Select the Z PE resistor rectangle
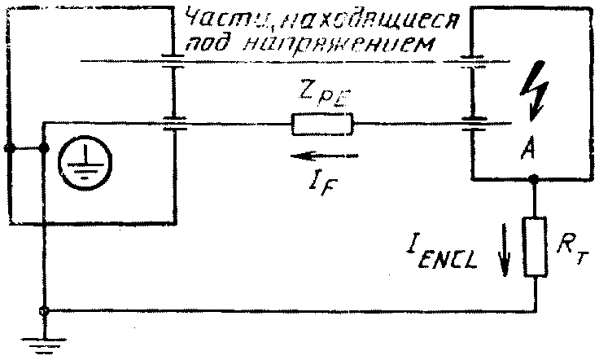tap(322, 124)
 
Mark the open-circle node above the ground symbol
tap(44, 311)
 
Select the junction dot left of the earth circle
tap(44, 149)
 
